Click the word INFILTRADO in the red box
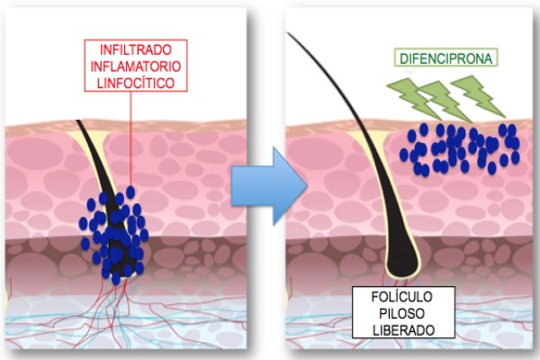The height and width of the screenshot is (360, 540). [136, 50]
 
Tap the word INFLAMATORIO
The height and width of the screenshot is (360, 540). [136, 66]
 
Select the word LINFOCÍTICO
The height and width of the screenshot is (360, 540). [136, 83]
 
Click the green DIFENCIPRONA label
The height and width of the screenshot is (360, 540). [445, 58]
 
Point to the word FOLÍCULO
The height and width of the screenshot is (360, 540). [401, 297]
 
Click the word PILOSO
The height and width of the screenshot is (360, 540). [402, 313]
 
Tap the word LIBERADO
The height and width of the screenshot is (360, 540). [403, 330]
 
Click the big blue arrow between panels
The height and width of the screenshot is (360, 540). [268, 186]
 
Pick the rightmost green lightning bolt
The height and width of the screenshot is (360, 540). [477, 96]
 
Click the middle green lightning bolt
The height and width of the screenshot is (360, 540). [445, 101]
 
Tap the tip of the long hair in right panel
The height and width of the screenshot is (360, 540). [288, 32]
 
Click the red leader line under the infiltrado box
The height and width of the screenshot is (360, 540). [130, 139]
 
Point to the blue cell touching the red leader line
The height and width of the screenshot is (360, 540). [130, 193]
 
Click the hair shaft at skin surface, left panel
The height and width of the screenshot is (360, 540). [80, 123]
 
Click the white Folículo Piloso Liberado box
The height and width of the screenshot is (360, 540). [403, 312]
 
